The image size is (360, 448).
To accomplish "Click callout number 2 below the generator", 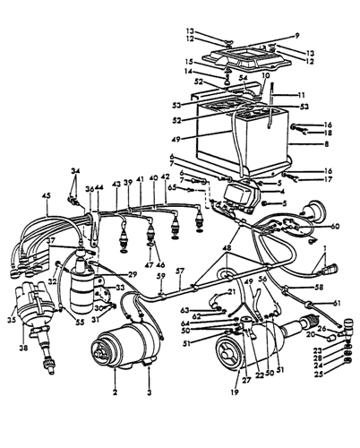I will point(115,393).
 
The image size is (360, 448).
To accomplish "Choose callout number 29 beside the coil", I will point(133,273).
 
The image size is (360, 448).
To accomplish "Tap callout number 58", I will point(319,287).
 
